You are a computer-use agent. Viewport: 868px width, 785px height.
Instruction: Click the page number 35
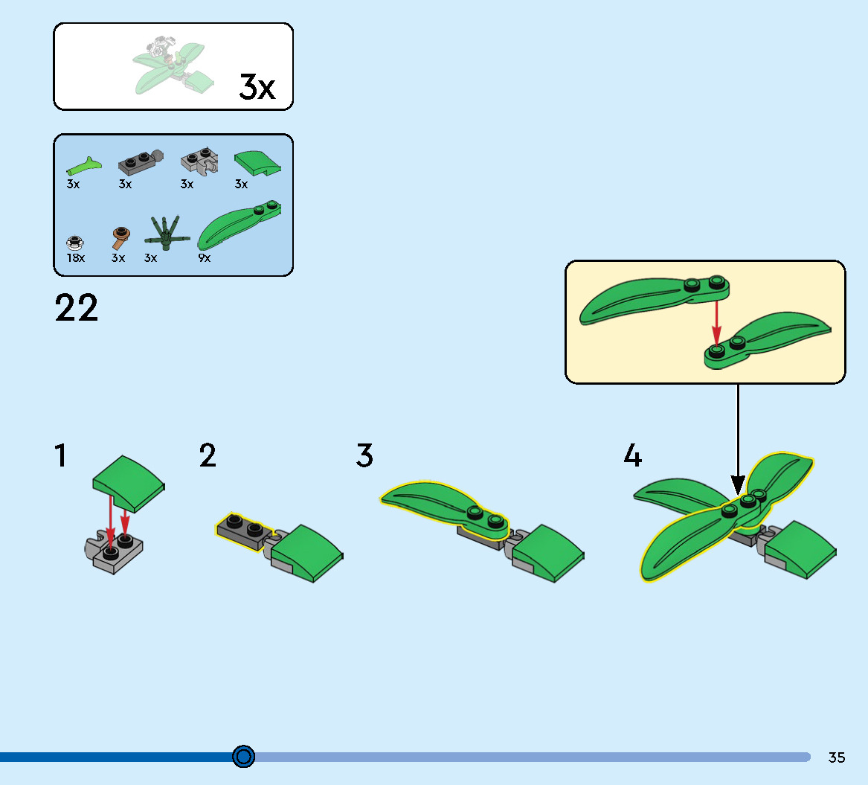coord(837,757)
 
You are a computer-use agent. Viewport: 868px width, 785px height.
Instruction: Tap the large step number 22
coord(76,309)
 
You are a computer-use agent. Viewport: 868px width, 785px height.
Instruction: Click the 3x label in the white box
coord(257,87)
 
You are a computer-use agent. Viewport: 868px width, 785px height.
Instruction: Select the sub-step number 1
coord(60,455)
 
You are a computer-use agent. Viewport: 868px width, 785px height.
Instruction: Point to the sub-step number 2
coord(208,455)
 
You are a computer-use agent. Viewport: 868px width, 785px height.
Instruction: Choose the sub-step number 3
coord(364,455)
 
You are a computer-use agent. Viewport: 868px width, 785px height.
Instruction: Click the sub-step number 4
coord(632,455)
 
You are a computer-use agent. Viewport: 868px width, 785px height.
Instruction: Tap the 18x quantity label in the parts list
coord(75,258)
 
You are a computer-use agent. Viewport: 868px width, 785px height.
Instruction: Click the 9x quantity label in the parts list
coord(204,258)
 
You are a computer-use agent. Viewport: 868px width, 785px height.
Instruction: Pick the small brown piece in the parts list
coord(119,239)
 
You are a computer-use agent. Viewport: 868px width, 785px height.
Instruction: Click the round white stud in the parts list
coord(74,241)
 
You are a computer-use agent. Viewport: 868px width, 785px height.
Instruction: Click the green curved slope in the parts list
coord(257,162)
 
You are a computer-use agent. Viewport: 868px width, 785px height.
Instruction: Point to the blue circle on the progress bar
coord(243,757)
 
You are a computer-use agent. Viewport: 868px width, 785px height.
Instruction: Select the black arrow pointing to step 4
coord(738,439)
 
